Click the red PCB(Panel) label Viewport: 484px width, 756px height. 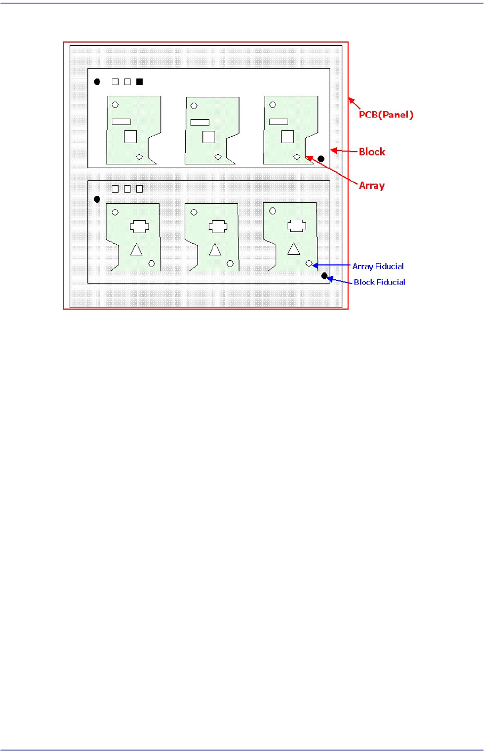385,114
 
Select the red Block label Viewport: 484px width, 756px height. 372,152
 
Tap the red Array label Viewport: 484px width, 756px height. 372,186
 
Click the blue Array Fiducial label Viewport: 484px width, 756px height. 378,266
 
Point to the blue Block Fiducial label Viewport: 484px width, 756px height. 379,282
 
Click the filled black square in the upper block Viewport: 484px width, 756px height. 140,82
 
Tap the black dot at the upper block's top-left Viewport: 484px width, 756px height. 97,82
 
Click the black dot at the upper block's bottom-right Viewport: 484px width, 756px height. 321,159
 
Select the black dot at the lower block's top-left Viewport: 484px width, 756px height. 97,199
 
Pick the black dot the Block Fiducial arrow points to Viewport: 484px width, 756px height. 324,276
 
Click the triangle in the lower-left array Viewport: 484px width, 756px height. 136,249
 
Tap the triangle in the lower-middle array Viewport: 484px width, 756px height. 215,249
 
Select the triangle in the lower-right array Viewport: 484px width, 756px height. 293,248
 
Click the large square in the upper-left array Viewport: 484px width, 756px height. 130,137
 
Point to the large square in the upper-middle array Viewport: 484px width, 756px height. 209,137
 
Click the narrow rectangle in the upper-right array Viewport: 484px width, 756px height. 278,122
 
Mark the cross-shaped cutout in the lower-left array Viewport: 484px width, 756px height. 139,227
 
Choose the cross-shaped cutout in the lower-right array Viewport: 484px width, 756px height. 297,226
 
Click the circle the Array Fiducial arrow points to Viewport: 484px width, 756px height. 309,263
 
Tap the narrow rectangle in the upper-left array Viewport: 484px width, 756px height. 121,122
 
